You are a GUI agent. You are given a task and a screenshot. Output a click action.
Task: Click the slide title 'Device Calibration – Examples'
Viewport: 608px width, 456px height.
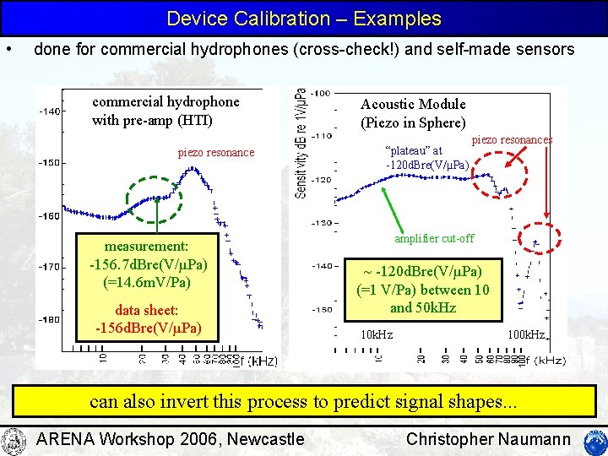click(304, 19)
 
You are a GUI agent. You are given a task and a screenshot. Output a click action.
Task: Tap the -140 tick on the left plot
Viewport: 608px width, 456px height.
click(50, 111)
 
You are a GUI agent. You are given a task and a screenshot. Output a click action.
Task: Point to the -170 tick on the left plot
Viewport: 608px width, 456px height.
click(50, 267)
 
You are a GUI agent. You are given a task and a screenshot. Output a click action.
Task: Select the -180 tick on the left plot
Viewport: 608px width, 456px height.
click(50, 319)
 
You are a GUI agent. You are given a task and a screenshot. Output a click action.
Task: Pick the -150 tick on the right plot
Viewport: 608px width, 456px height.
click(321, 309)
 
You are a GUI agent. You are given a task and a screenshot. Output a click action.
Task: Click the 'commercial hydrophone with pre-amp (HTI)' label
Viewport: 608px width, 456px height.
click(166, 111)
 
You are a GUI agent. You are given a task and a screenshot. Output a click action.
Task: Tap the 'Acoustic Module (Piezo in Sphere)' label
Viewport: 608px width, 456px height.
click(413, 112)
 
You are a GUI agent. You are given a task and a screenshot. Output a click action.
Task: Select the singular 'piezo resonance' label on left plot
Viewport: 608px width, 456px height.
click(215, 153)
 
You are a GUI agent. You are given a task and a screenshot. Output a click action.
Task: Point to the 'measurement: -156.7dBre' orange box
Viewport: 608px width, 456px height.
click(149, 263)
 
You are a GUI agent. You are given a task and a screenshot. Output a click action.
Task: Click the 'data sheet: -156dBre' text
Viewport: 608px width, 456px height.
click(149, 318)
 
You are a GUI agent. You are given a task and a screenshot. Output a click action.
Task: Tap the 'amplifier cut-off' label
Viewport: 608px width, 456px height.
click(434, 238)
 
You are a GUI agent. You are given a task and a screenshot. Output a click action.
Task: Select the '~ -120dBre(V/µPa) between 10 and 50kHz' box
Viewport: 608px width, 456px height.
click(423, 290)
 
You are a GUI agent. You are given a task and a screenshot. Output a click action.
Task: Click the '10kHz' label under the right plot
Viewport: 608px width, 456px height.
click(377, 334)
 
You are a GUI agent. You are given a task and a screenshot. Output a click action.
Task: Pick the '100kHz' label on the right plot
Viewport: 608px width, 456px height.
click(525, 334)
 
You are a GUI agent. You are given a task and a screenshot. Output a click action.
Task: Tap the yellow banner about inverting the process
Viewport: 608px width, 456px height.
click(303, 401)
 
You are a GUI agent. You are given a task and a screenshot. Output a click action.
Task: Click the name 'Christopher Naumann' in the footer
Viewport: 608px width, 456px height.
click(489, 439)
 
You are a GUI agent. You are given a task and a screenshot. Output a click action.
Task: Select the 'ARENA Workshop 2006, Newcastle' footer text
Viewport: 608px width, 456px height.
click(171, 439)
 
